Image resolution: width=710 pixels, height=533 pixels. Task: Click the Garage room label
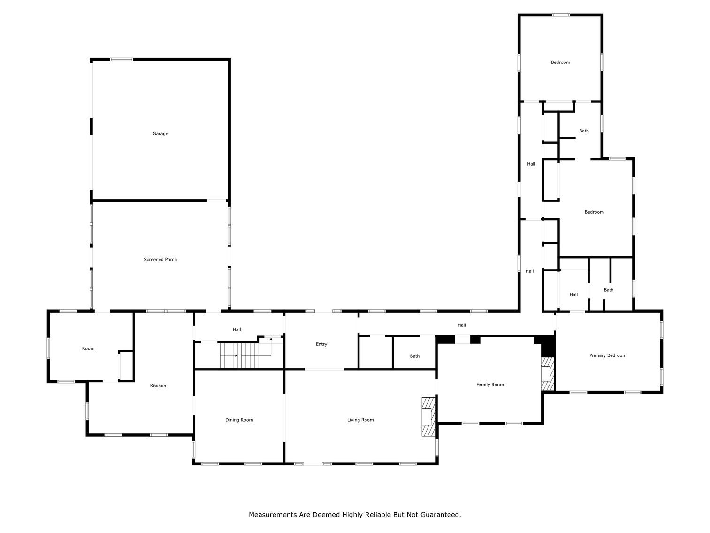[160, 134]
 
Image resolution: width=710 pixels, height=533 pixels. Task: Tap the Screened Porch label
[160, 259]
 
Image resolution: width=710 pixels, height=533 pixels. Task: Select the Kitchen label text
[158, 386]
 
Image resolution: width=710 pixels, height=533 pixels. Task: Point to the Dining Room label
[239, 420]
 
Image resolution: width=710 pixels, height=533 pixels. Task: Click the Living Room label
[360, 420]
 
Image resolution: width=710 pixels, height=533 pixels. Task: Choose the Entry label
[321, 344]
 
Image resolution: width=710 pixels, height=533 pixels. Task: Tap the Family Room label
[490, 385]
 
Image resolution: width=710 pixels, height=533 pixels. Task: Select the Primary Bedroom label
[608, 355]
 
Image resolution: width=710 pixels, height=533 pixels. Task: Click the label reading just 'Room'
[88, 348]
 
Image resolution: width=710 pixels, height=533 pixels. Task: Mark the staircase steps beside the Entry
[239, 355]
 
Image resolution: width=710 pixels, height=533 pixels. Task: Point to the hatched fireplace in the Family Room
[547, 374]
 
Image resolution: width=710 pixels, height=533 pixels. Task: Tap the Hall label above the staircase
[237, 330]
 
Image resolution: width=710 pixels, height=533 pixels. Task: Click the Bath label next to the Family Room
[415, 356]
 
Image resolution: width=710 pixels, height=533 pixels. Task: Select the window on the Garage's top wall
[122, 59]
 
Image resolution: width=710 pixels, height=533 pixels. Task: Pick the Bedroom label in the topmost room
[560, 62]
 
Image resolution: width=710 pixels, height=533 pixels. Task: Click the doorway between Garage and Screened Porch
[217, 201]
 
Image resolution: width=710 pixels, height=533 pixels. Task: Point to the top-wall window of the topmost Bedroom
[561, 15]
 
